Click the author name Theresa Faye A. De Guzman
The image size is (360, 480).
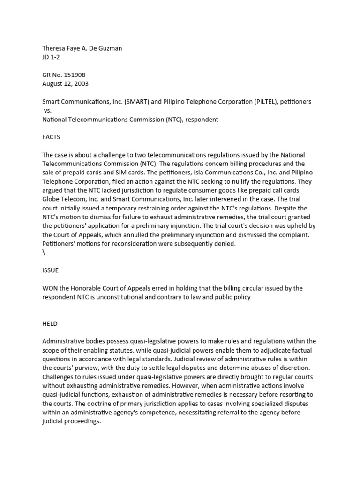[82, 48]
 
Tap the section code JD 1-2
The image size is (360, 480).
[51, 57]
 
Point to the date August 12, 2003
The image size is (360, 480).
[65, 84]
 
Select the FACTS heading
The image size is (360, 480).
[51, 137]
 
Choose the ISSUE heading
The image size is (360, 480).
[50, 270]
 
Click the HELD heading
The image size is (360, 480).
[50, 323]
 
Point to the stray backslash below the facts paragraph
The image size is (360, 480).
[44, 253]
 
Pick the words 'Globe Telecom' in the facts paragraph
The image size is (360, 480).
[64, 199]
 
